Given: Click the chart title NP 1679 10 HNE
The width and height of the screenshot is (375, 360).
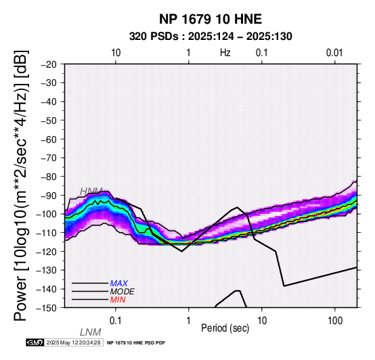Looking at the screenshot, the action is pyautogui.click(x=211, y=19).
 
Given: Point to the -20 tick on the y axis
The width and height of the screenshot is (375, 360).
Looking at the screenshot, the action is pyautogui.click(x=49, y=64).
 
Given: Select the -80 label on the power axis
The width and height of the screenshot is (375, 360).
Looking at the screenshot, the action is pyautogui.click(x=49, y=177).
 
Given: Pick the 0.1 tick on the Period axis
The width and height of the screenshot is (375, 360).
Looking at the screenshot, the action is pyautogui.click(x=116, y=321).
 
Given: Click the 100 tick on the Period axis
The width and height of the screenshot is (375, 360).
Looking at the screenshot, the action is pyautogui.click(x=335, y=321).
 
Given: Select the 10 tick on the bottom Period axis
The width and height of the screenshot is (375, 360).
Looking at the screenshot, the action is pyautogui.click(x=262, y=321).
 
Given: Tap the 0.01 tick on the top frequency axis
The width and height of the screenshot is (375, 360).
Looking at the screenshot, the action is pyautogui.click(x=334, y=53).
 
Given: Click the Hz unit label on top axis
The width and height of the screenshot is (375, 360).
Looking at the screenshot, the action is pyautogui.click(x=225, y=53).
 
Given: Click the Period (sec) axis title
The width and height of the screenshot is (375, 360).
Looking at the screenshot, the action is pyautogui.click(x=225, y=328).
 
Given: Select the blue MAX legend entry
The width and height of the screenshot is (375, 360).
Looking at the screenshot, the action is pyautogui.click(x=119, y=284).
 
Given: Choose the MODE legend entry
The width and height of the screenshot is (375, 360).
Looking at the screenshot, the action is pyautogui.click(x=123, y=292).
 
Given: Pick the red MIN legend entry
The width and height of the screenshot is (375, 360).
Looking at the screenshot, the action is pyautogui.click(x=118, y=300).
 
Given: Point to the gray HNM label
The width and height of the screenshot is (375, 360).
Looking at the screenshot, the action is pyautogui.click(x=91, y=192).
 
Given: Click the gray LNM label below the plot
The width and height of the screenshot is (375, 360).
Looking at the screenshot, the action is pyautogui.click(x=91, y=332).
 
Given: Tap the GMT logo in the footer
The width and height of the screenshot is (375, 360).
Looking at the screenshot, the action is pyautogui.click(x=35, y=342).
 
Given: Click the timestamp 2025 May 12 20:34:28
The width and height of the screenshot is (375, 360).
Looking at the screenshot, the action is pyautogui.click(x=73, y=342).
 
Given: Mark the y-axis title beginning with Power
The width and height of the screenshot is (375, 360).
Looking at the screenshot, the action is pyautogui.click(x=21, y=185).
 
